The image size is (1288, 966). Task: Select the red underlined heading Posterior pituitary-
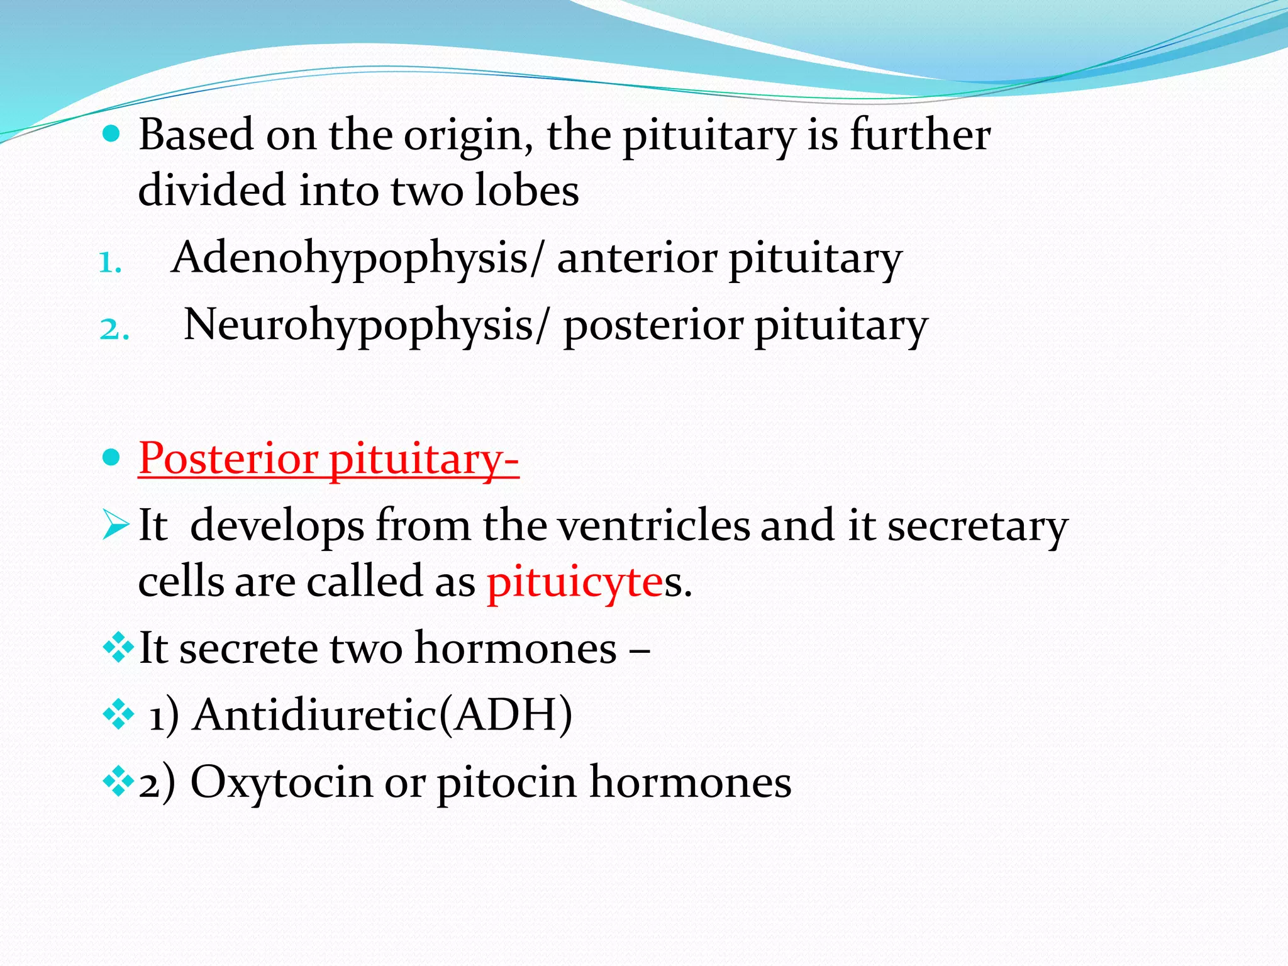point(328,458)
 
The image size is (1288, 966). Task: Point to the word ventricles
point(654,526)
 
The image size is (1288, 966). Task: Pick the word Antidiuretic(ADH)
point(382,715)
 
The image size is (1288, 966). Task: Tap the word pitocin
point(507,782)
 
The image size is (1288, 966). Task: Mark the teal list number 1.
point(109,263)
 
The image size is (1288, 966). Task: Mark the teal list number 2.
point(114,330)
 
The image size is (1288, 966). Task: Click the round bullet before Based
point(111,134)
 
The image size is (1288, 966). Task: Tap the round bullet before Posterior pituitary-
point(111,458)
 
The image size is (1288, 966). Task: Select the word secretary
point(977,526)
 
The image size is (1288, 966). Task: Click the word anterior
point(637,259)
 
